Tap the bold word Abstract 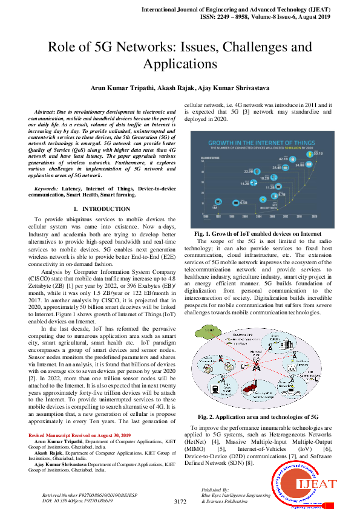coord(46,112)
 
